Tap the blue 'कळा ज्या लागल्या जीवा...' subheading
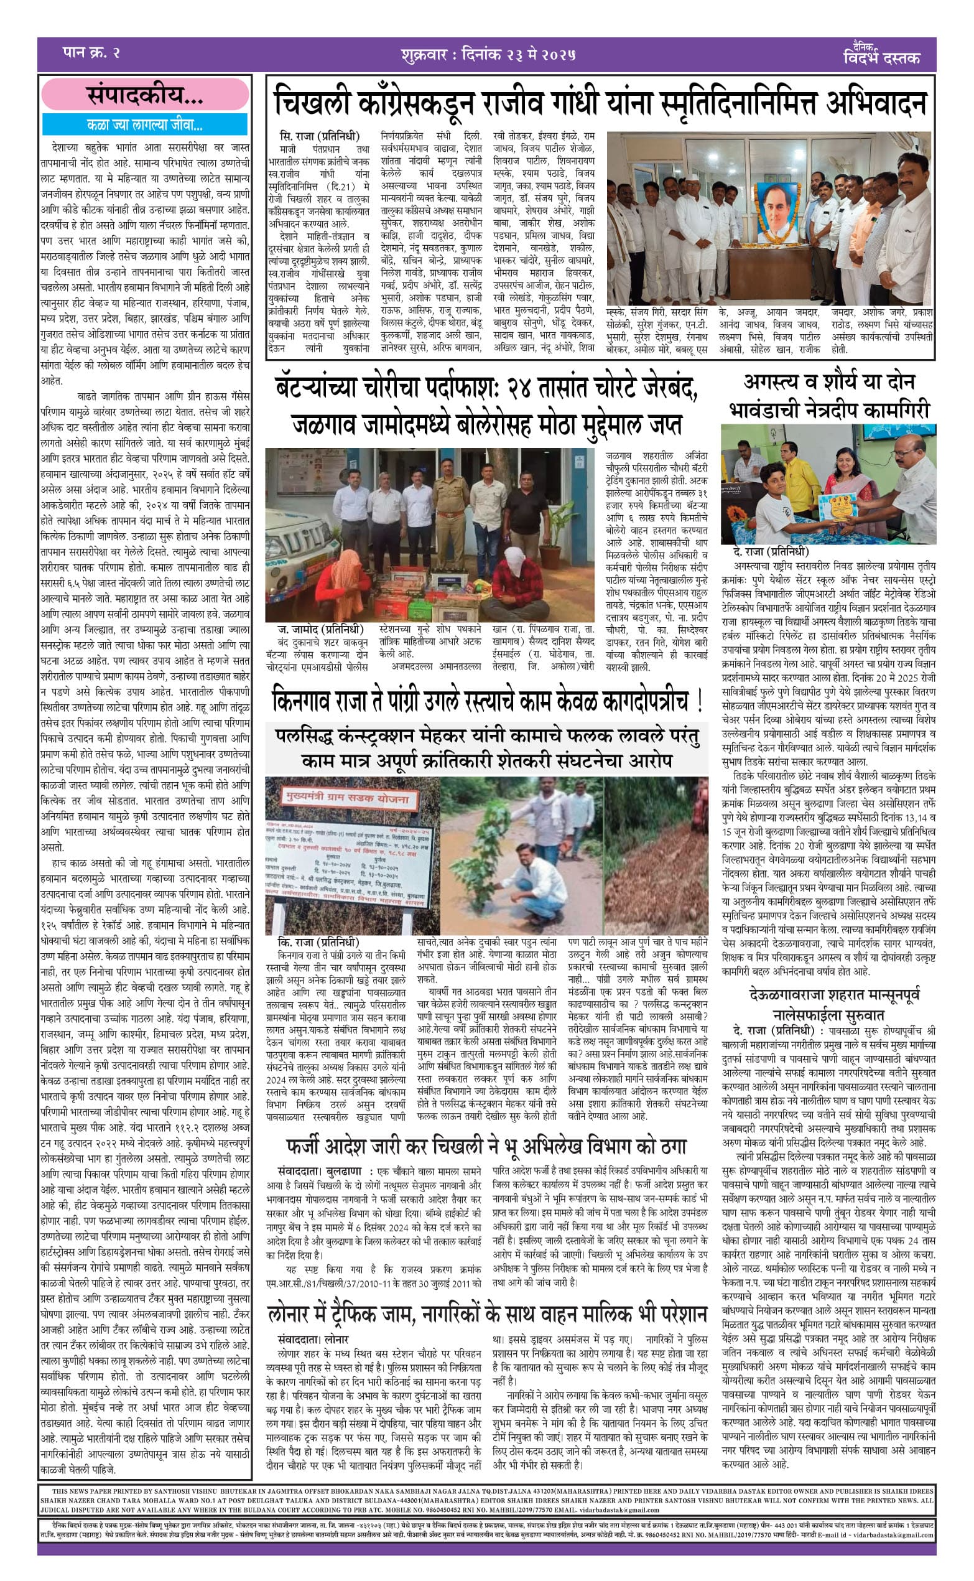tap(145, 124)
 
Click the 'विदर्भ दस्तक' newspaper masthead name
tap(881, 58)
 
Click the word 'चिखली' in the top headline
tap(311, 103)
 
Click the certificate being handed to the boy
tap(838, 508)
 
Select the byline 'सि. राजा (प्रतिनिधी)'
tap(320, 137)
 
